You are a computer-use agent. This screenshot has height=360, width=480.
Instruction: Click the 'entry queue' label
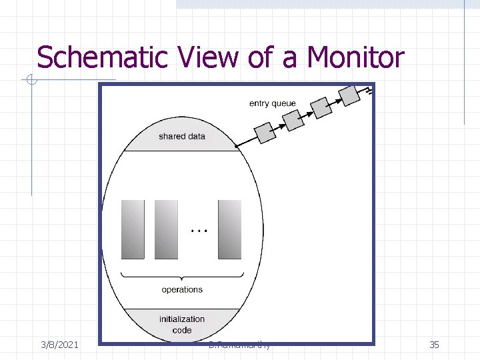(x=272, y=103)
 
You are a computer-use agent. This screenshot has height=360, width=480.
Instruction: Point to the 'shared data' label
(x=182, y=137)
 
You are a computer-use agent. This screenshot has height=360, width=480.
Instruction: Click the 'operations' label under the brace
(x=182, y=289)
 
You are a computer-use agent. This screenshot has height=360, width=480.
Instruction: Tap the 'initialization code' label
(x=182, y=324)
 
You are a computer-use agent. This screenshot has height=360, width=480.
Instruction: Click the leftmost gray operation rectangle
(x=132, y=229)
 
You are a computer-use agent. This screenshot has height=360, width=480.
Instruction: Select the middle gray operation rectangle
(x=166, y=229)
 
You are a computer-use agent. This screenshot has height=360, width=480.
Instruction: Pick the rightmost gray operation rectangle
(x=229, y=229)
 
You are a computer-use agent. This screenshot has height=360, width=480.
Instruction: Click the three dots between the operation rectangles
(x=199, y=230)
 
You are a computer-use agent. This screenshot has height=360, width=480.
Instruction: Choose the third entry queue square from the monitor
(x=322, y=107)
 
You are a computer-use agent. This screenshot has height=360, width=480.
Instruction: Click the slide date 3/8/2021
(x=60, y=345)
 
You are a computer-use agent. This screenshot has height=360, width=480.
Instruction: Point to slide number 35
(x=434, y=345)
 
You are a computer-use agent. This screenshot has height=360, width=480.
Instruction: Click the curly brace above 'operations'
(x=181, y=276)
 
